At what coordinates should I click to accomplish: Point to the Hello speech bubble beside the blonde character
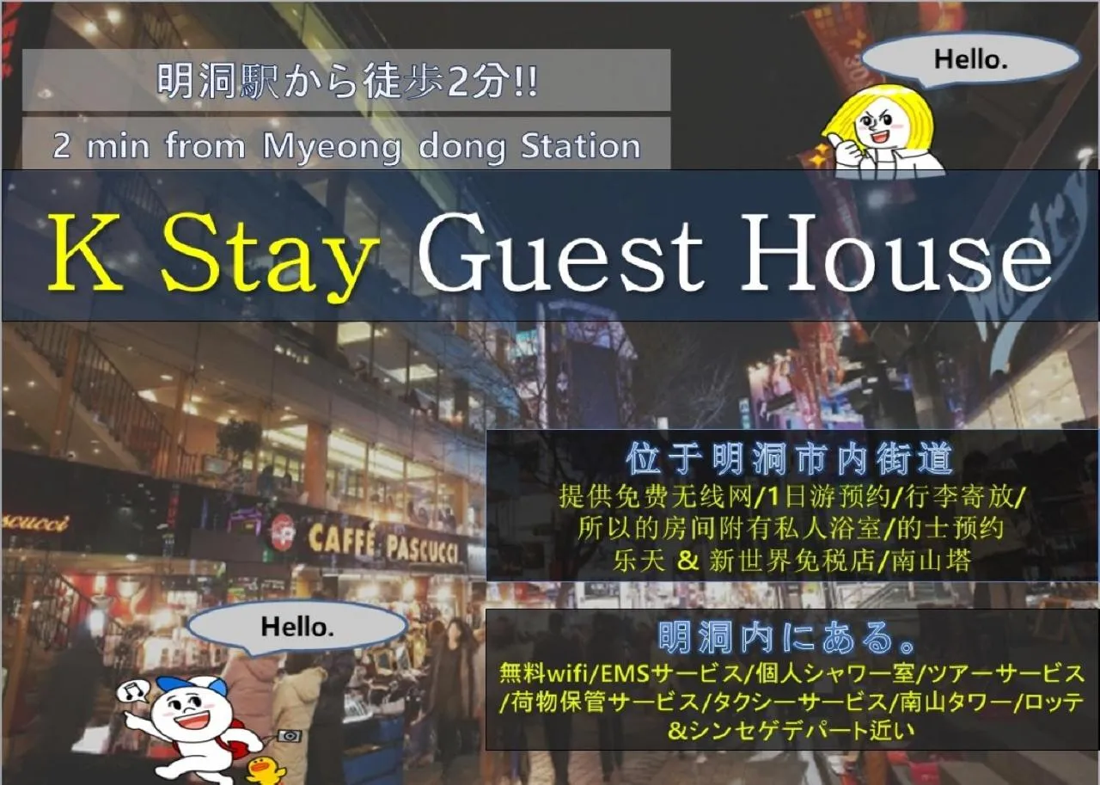tap(970, 59)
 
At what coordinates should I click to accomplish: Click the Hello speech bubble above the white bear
tap(296, 627)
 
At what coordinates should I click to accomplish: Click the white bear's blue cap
tap(194, 685)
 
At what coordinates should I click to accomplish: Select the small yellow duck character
tap(266, 769)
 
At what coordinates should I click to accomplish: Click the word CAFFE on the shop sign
tap(341, 541)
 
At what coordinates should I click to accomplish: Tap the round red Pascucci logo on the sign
tap(282, 532)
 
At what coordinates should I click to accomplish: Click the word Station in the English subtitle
tap(581, 146)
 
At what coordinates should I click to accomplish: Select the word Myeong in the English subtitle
tap(332, 147)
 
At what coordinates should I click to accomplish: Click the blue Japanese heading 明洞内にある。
tap(789, 637)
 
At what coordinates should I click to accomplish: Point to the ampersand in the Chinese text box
tap(687, 561)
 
